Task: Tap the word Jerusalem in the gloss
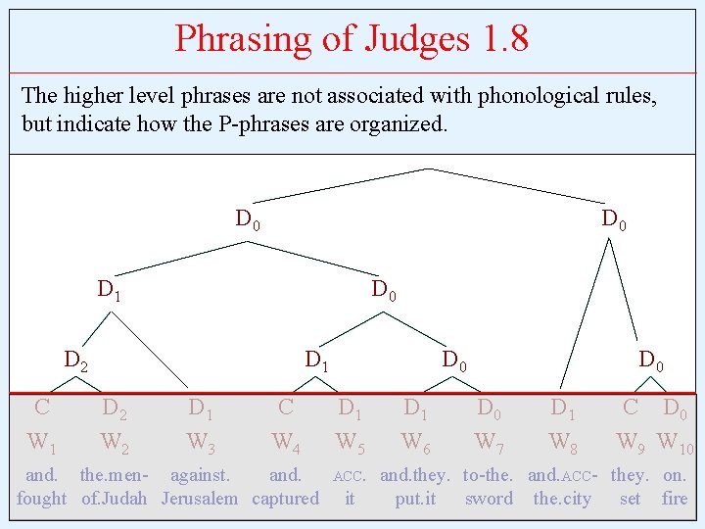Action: coord(200,499)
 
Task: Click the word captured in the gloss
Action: coord(285,499)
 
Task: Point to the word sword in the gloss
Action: coord(489,499)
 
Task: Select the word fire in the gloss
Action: coord(675,499)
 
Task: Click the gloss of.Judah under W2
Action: coord(114,499)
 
